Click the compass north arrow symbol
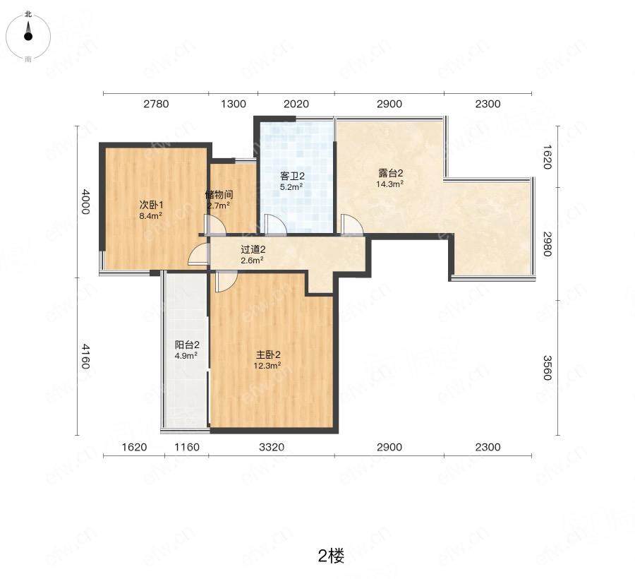tap(28, 31)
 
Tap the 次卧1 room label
tap(152, 205)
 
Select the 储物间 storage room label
tap(219, 195)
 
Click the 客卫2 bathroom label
tap(292, 177)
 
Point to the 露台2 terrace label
tap(390, 174)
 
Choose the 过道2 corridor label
tap(253, 250)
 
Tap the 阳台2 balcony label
tap(187, 345)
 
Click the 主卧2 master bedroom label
tap(269, 355)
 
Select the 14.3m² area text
tap(389, 184)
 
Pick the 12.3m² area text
tap(267, 366)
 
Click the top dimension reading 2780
tap(156, 104)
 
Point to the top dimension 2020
tap(296, 104)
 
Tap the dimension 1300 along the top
tap(234, 104)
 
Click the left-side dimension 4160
tap(85, 357)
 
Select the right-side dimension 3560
tap(547, 368)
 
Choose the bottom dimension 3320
tap(272, 448)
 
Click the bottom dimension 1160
tap(187, 448)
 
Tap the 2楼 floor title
tap(332, 556)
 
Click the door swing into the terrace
tap(352, 225)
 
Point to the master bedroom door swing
tap(226, 282)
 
